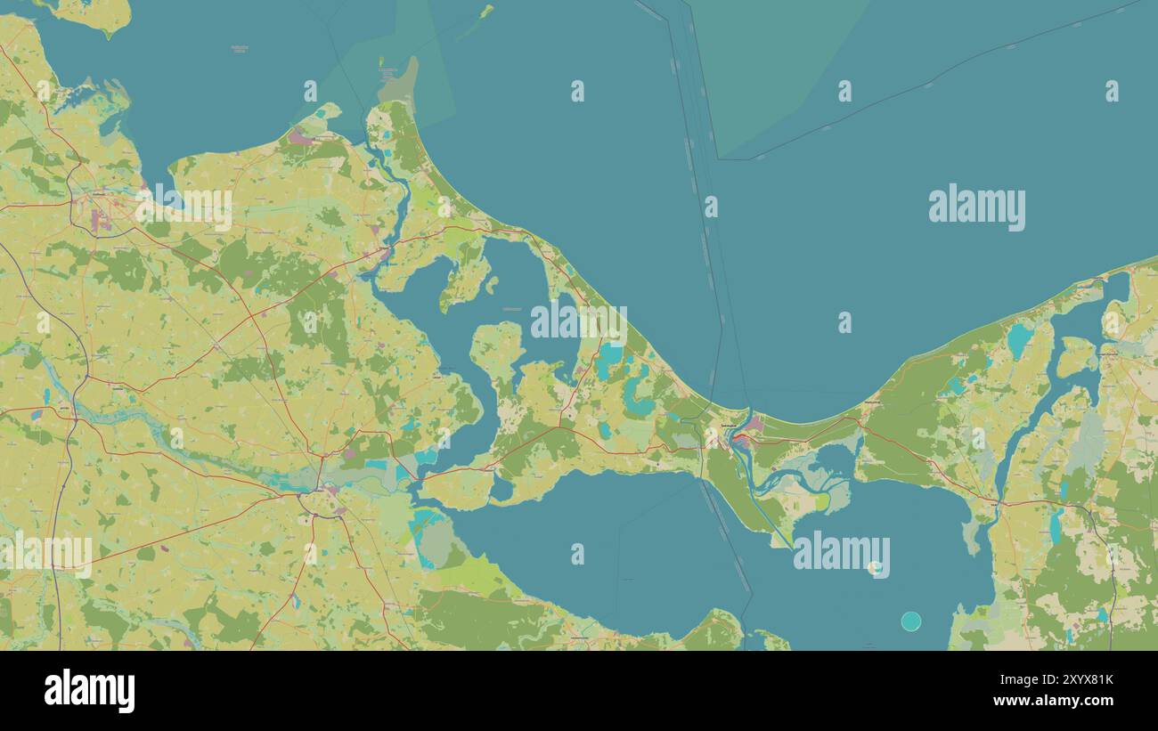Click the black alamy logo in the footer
(89, 691)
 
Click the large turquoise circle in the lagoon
(910, 621)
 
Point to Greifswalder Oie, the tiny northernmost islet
(485, 11)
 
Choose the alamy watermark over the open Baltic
(976, 207)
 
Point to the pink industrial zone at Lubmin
(301, 139)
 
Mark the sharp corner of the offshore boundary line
(720, 158)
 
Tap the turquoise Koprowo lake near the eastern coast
(1017, 339)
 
